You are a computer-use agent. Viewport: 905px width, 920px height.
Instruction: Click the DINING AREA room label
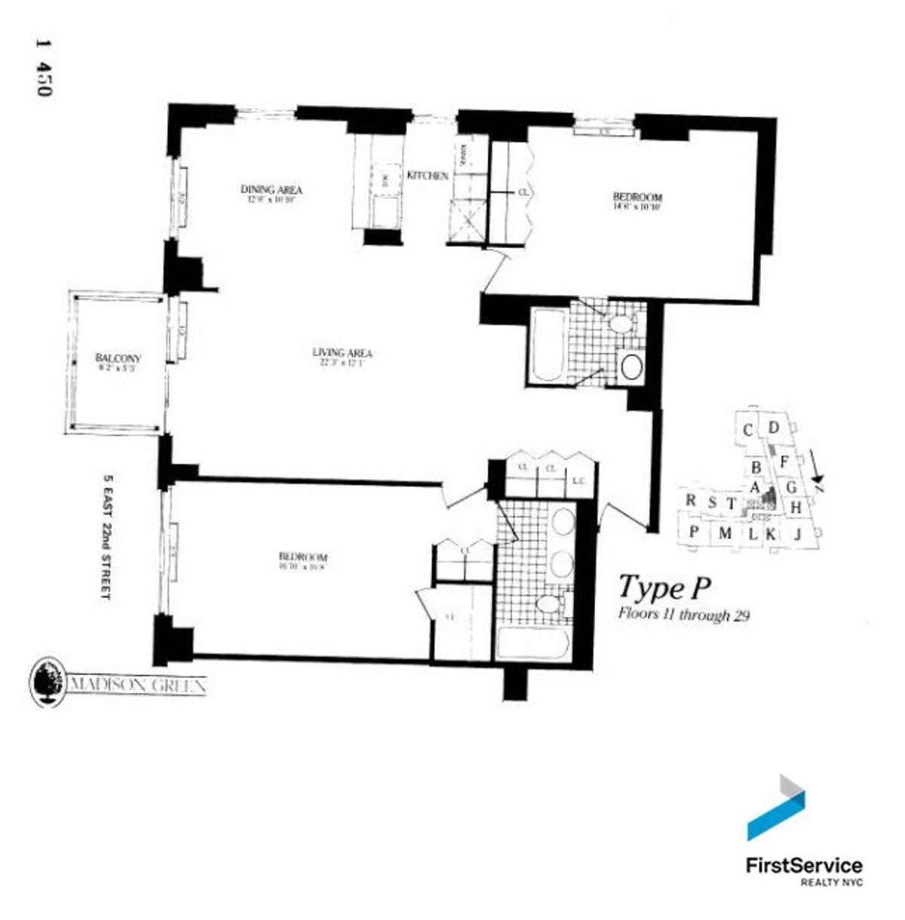271,189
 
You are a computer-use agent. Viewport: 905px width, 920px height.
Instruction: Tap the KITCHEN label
428,176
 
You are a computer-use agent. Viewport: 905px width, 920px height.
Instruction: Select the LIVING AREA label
342,352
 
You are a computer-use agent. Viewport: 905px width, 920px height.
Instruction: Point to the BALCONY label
118,358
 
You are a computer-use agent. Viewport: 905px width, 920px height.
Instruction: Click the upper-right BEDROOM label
637,198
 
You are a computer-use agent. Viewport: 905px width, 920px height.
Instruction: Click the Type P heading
665,586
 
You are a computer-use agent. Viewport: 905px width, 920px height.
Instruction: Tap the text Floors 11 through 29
683,614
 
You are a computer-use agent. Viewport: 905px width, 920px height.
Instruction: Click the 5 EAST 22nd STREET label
106,536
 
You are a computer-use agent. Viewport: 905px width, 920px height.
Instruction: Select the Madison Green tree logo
47,683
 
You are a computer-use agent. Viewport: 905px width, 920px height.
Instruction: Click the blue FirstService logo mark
776,808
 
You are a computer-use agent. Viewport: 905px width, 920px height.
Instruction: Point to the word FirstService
803,865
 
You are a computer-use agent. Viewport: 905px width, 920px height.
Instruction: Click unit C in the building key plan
747,431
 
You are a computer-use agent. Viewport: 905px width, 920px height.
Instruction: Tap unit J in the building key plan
797,535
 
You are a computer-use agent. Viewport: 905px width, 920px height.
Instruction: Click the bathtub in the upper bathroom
545,346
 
